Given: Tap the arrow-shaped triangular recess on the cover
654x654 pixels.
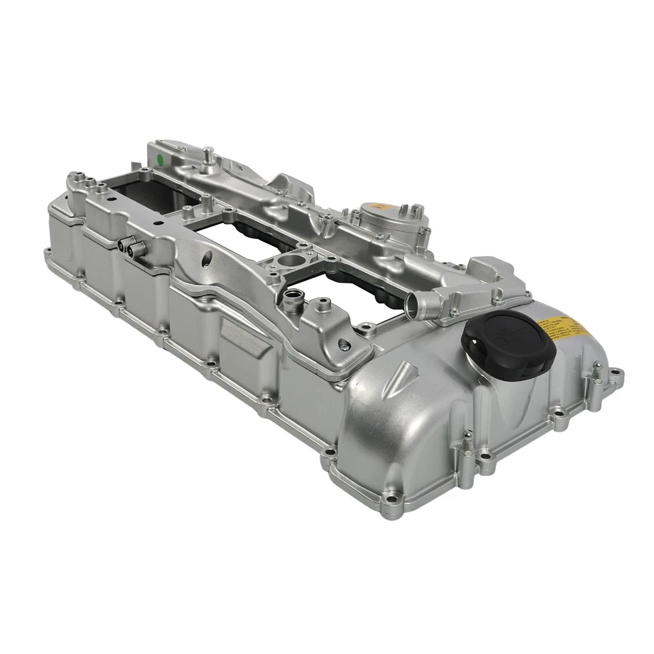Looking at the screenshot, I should pyautogui.click(x=405, y=378).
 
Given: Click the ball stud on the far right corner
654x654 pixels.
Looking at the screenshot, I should pyautogui.click(x=597, y=372).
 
